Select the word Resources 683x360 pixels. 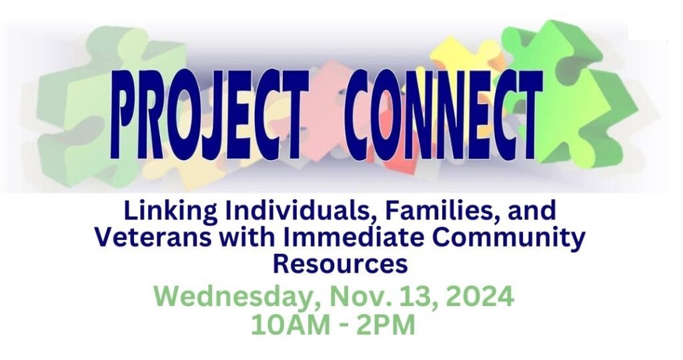[x=340, y=263]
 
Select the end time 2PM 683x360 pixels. [x=386, y=325]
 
